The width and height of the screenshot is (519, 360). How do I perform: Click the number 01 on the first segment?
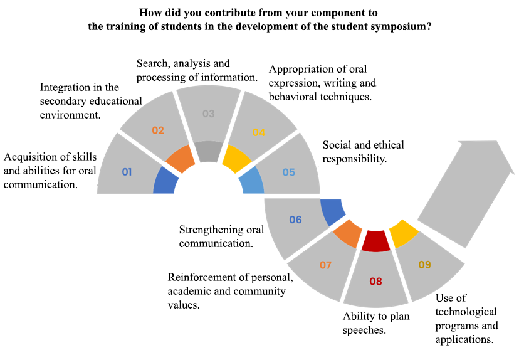(127, 171)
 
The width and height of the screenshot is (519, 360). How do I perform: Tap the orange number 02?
(158, 130)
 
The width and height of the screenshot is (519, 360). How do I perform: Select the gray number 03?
(209, 114)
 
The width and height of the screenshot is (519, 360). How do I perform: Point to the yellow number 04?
(259, 132)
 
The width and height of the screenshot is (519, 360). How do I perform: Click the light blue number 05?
(288, 172)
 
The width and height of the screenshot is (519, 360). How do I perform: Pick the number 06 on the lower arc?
(296, 220)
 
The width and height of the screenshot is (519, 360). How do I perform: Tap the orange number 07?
(325, 265)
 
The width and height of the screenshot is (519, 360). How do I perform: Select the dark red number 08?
(375, 281)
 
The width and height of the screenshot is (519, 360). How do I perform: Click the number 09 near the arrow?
(424, 265)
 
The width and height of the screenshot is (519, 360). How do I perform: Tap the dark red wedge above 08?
(376, 241)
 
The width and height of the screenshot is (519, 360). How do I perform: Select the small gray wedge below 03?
(207, 152)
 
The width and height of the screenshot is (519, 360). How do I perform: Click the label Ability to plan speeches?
(375, 322)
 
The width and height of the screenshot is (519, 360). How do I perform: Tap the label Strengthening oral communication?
(221, 236)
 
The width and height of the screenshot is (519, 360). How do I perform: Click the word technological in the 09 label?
(466, 312)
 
